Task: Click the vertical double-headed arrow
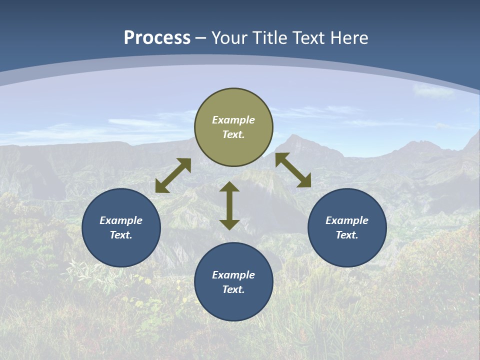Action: (229, 205)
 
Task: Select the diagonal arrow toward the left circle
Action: (173, 175)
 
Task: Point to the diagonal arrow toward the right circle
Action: (293, 170)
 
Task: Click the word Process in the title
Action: (157, 38)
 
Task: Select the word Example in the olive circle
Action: (233, 120)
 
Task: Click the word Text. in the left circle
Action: (121, 235)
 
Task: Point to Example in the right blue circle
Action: (347, 220)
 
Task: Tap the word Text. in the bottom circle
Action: (233, 289)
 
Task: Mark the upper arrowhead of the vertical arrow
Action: (229, 186)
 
